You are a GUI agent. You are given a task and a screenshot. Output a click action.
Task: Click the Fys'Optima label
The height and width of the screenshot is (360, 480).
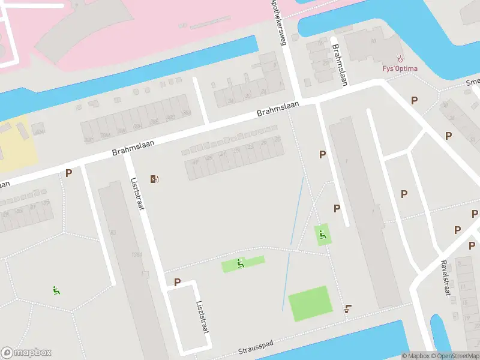click(x=400, y=68)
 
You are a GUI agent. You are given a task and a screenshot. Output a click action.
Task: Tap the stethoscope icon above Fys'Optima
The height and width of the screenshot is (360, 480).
click(x=400, y=58)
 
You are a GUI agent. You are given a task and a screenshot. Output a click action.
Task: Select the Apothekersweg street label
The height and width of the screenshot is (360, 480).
click(x=280, y=23)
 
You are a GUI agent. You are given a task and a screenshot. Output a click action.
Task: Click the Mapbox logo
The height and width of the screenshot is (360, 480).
click(x=26, y=353)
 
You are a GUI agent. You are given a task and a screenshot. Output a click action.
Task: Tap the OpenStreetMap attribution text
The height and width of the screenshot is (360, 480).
click(x=455, y=356)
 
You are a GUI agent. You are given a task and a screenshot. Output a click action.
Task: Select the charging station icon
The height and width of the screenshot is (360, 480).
click(x=154, y=178)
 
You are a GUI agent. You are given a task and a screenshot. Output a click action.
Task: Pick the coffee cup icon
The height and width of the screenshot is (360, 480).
click(x=348, y=309)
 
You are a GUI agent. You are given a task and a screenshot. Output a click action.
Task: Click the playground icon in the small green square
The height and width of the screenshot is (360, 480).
click(x=323, y=235)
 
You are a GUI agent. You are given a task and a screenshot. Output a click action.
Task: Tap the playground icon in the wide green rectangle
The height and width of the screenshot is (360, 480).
click(x=241, y=263)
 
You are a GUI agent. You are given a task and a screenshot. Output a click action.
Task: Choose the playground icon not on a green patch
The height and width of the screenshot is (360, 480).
click(x=56, y=290)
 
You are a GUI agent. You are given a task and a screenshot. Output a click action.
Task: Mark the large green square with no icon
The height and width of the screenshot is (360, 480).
click(x=310, y=303)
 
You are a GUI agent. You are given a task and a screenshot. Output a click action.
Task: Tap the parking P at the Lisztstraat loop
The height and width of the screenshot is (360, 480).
click(x=177, y=281)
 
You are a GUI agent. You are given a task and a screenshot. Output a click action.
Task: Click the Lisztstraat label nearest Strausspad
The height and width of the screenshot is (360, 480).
click(x=202, y=316)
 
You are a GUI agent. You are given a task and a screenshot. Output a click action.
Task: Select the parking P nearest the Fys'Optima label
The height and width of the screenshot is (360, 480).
click(x=414, y=100)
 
